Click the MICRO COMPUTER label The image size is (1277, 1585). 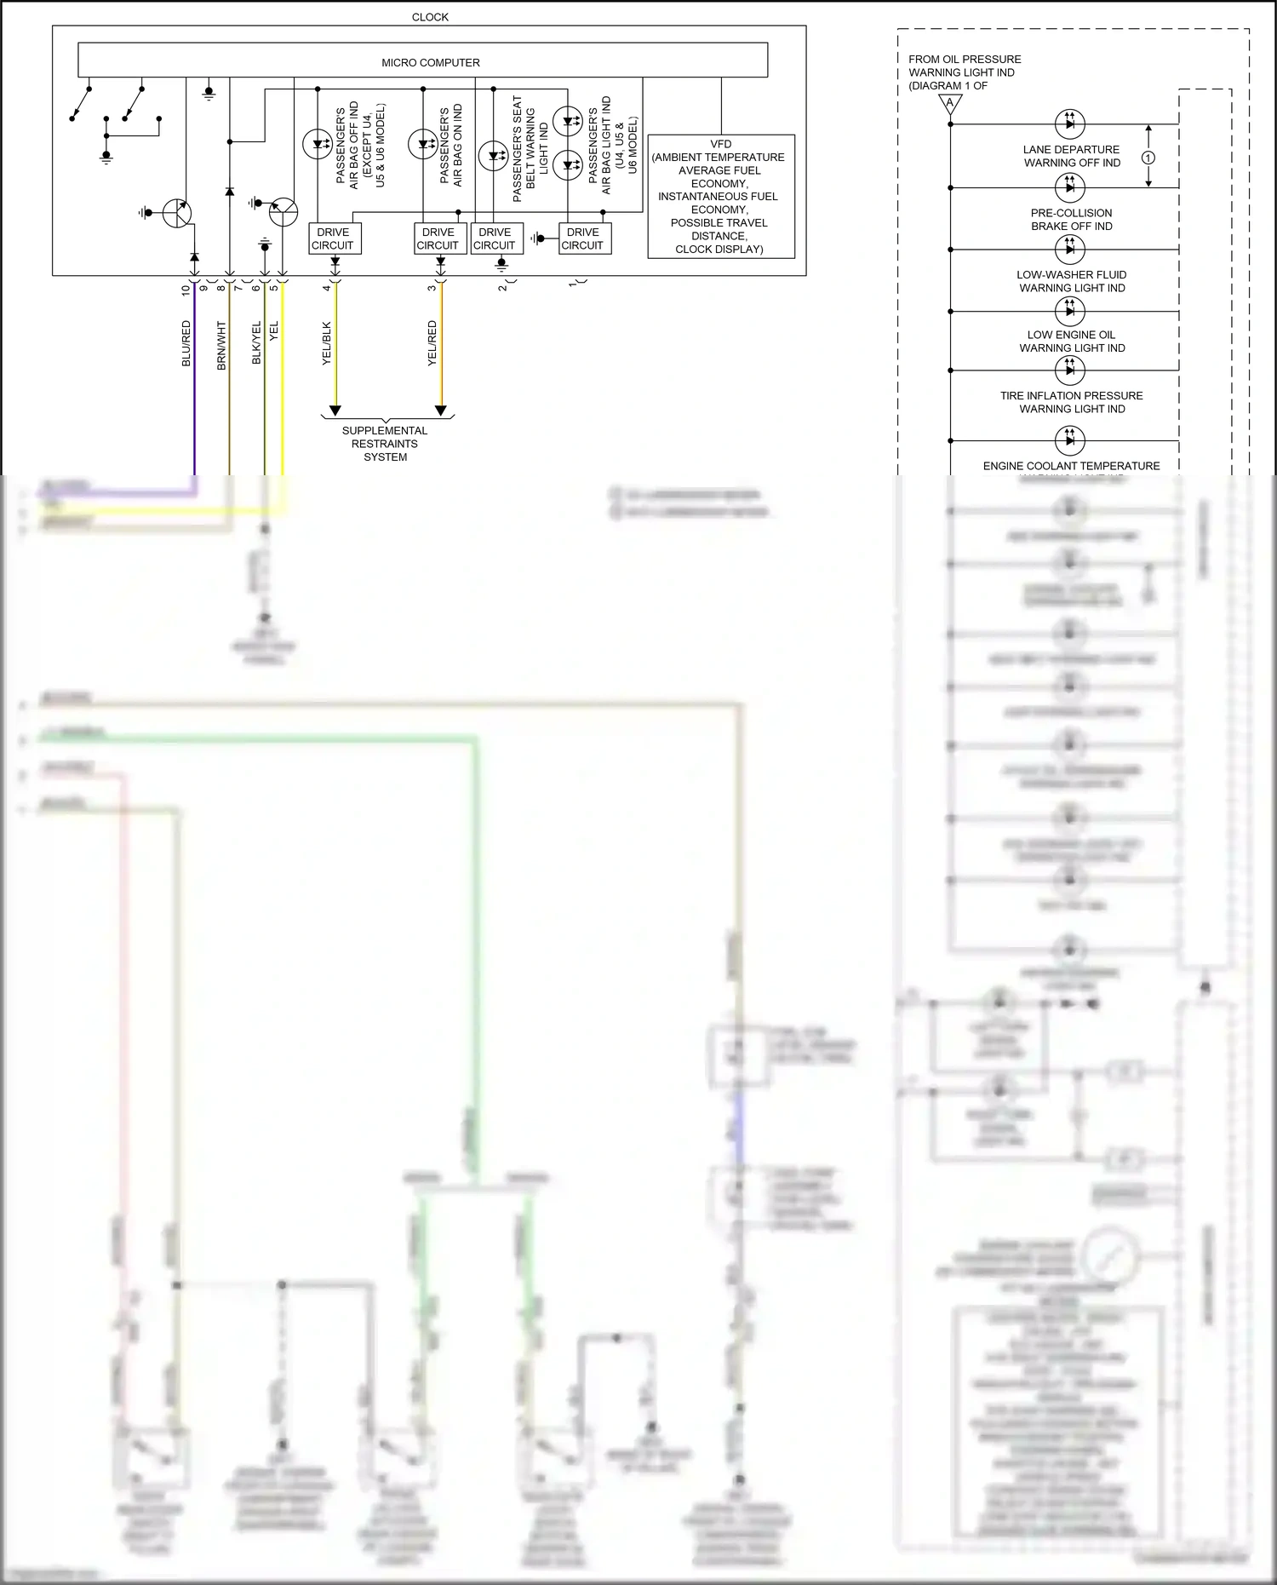tap(430, 63)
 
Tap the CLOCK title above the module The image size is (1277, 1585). tap(430, 17)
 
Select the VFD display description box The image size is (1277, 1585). tap(720, 197)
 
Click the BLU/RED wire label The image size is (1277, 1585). tap(186, 343)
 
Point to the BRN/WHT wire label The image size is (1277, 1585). tap(221, 345)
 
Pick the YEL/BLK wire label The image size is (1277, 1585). tap(327, 343)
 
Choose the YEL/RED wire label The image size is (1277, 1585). tap(432, 343)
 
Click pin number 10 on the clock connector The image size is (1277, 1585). tap(186, 290)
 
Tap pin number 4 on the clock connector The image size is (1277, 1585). tap(326, 288)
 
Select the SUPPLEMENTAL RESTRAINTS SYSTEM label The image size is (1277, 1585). tap(385, 444)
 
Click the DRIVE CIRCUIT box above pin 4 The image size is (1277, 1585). tap(333, 238)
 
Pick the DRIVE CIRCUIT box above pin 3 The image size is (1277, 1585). tap(438, 238)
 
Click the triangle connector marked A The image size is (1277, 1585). tap(950, 105)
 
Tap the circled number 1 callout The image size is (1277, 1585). tap(1148, 158)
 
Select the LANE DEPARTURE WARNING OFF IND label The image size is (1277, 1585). tap(1072, 156)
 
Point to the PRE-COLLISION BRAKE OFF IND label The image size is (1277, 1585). tap(1072, 220)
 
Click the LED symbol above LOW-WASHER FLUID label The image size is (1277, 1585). tap(1069, 249)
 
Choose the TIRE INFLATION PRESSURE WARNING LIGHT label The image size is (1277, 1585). tap(1072, 402)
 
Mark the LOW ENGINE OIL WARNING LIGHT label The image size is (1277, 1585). tap(1072, 342)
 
